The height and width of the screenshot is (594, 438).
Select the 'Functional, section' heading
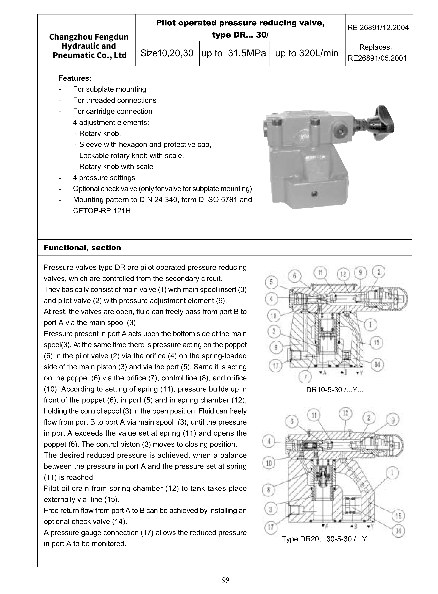point(82,248)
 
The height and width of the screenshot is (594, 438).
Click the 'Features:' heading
point(75,78)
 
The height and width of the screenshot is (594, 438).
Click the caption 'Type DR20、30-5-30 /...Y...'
point(327,539)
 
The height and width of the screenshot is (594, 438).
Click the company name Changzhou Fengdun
point(89,37)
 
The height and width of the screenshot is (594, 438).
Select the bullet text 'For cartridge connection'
point(113,111)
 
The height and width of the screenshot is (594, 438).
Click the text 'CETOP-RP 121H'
point(102,211)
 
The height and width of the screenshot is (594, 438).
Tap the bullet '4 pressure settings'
point(104,178)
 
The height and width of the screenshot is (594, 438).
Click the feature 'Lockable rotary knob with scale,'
point(131,156)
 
